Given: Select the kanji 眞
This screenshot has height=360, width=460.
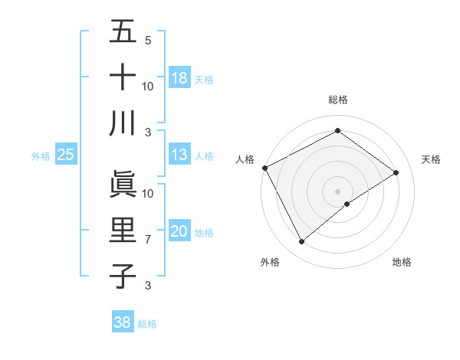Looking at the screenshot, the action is pyautogui.click(x=123, y=184).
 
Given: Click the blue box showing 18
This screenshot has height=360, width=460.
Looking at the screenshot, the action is pyautogui.click(x=179, y=78).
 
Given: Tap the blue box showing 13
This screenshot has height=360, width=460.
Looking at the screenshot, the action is pyautogui.click(x=179, y=155).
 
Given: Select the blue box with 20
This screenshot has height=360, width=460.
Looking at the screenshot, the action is pyautogui.click(x=179, y=232).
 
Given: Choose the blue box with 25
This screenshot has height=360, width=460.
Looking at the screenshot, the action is pyautogui.click(x=66, y=155).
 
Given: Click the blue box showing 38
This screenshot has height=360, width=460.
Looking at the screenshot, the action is pyautogui.click(x=123, y=322).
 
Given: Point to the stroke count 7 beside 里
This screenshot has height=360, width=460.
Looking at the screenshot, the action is pyautogui.click(x=148, y=240).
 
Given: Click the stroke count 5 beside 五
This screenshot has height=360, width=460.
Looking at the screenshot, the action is pyautogui.click(x=148, y=40).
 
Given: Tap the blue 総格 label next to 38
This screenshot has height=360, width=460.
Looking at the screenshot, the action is pyautogui.click(x=147, y=324).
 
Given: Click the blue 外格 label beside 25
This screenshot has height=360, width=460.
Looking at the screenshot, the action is pyautogui.click(x=41, y=156).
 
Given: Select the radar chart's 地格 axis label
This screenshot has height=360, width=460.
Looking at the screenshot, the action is pyautogui.click(x=402, y=262).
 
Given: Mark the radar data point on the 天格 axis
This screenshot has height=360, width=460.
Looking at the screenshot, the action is pyautogui.click(x=396, y=172).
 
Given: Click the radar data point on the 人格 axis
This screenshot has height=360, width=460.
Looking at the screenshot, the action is pyautogui.click(x=264, y=168).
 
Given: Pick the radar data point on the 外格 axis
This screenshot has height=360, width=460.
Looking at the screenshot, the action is pyautogui.click(x=301, y=242).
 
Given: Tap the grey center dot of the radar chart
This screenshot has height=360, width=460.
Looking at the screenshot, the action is pyautogui.click(x=337, y=190).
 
